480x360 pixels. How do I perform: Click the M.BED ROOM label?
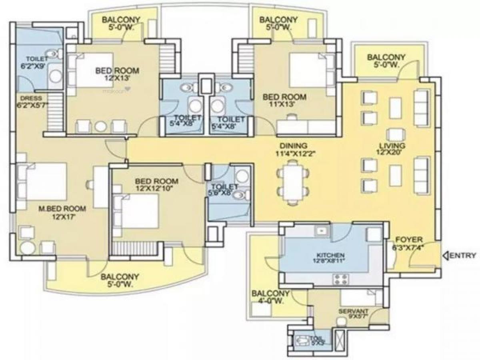[62, 212]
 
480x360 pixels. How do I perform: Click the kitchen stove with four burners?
[341, 278]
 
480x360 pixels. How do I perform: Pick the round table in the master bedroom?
[26, 248]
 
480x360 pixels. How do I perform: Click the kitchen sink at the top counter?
[320, 231]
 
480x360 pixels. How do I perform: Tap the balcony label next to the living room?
[386, 61]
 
